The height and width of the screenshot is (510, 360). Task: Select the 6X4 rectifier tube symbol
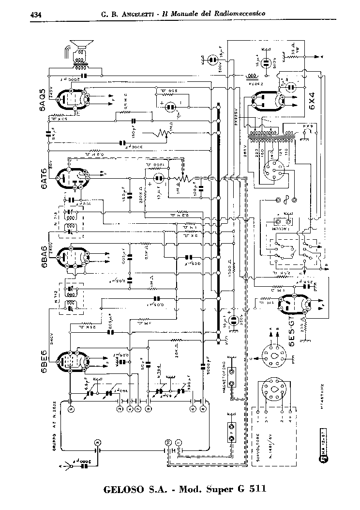click(x=269, y=102)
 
